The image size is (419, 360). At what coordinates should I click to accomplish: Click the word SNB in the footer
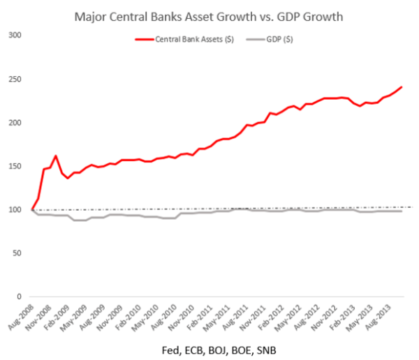(270, 347)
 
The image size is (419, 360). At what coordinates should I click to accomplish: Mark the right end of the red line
(402, 87)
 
